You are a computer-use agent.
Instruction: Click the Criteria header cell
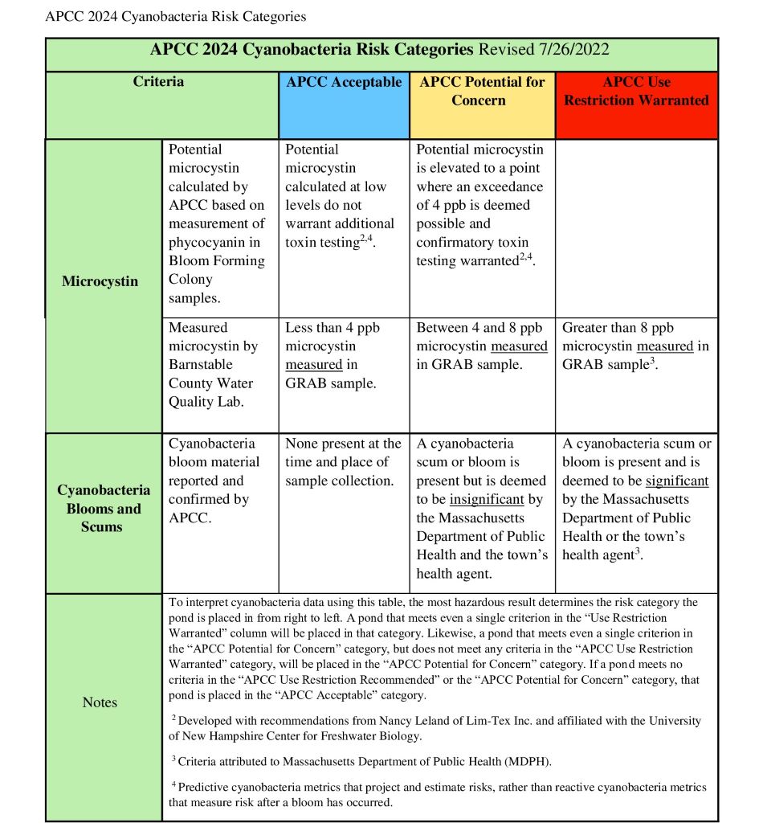point(158,82)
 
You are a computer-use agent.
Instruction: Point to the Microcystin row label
point(100,281)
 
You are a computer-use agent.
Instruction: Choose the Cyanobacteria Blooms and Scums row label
point(104,508)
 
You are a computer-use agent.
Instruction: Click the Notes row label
point(100,702)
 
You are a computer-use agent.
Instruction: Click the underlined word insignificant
point(487,499)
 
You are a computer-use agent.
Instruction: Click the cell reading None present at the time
point(343,462)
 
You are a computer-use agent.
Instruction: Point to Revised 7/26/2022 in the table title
point(544,49)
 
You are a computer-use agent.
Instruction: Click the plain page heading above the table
point(175,16)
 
